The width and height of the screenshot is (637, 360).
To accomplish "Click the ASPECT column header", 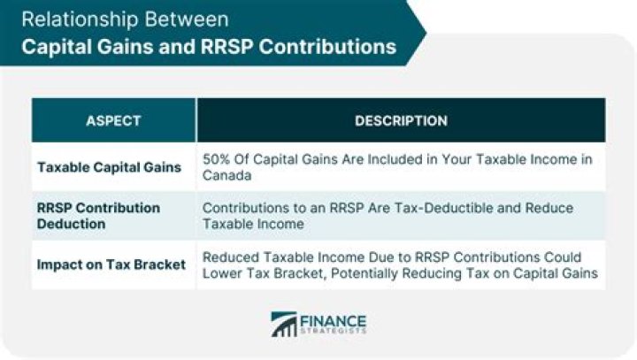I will coord(113,120).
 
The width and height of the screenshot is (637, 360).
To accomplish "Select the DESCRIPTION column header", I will coord(401,120).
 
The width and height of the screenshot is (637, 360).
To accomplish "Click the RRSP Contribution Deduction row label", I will coord(98,216).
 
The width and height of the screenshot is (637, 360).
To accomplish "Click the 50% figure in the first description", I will coord(217,159).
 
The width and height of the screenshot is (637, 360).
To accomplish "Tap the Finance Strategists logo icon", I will coord(284,325).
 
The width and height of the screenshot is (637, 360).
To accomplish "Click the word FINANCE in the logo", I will coord(334,318).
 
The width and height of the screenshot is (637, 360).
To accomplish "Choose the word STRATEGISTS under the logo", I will coord(334,333).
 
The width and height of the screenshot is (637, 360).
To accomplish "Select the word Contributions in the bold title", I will coord(333,45).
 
